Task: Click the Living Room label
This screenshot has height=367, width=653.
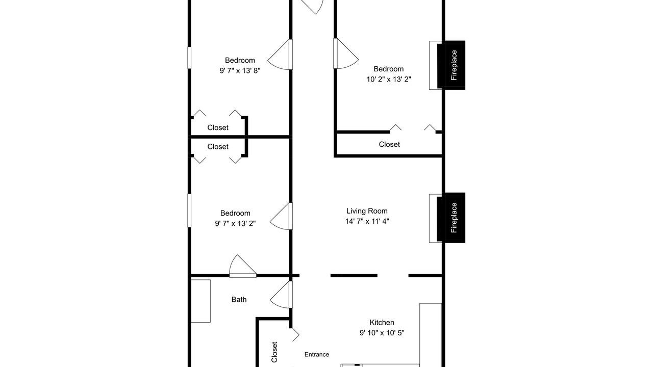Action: (x=367, y=211)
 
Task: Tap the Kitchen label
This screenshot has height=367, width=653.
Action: (x=382, y=323)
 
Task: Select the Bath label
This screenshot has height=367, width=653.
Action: (x=239, y=299)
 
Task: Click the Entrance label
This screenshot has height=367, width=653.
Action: (x=317, y=354)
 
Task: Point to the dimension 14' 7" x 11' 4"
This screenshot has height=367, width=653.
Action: (x=367, y=221)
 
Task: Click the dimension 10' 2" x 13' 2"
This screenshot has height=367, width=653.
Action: (x=389, y=79)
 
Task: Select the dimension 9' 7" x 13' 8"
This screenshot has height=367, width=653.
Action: (x=240, y=70)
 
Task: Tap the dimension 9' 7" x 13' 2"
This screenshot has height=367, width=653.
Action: (x=235, y=223)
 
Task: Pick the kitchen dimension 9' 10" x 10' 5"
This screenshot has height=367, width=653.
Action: (x=382, y=333)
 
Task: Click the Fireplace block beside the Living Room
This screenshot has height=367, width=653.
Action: (x=451, y=218)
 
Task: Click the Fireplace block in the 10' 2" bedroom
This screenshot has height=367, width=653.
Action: (x=451, y=65)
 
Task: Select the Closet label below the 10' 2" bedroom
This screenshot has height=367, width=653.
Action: (x=389, y=144)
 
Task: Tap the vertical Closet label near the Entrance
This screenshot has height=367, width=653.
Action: (x=274, y=352)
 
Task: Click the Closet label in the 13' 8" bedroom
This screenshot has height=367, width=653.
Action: (x=218, y=127)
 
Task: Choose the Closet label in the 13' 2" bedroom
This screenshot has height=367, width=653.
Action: (x=218, y=147)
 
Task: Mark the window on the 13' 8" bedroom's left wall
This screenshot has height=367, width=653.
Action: (x=189, y=58)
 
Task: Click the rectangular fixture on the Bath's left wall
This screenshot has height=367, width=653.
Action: (x=200, y=301)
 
